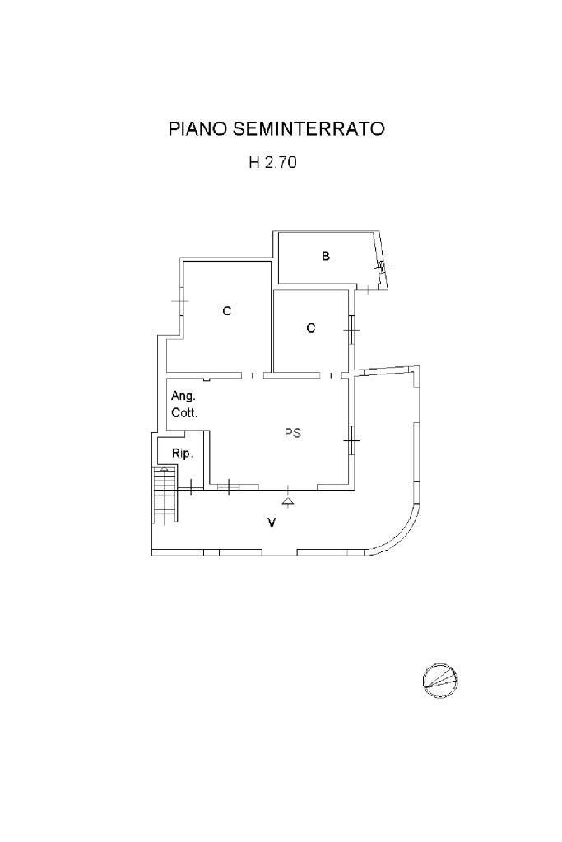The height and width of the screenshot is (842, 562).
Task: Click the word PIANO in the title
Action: point(197,129)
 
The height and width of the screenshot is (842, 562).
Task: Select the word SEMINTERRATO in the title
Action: point(309,129)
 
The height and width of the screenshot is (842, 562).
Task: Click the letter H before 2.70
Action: point(254,163)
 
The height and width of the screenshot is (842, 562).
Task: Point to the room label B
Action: point(326,256)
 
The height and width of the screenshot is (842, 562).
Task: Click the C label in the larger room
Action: point(227,311)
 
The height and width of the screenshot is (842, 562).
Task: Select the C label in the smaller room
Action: point(311,328)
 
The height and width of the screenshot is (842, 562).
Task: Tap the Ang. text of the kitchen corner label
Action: point(183,397)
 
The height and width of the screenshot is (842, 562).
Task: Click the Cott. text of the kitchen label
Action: point(184,413)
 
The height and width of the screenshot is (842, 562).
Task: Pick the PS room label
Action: point(293,432)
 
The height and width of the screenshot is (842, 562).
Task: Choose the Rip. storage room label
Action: point(182,454)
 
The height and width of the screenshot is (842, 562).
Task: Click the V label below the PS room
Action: point(271,523)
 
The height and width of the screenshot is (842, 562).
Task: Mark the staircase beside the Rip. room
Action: point(165,495)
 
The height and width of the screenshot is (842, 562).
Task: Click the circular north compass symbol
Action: point(441,680)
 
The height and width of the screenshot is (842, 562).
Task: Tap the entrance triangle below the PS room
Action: point(287,500)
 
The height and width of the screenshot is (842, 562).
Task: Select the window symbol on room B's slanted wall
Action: point(380,266)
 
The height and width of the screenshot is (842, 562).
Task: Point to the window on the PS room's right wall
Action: point(351,444)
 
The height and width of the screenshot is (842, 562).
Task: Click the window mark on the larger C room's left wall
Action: point(181,302)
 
